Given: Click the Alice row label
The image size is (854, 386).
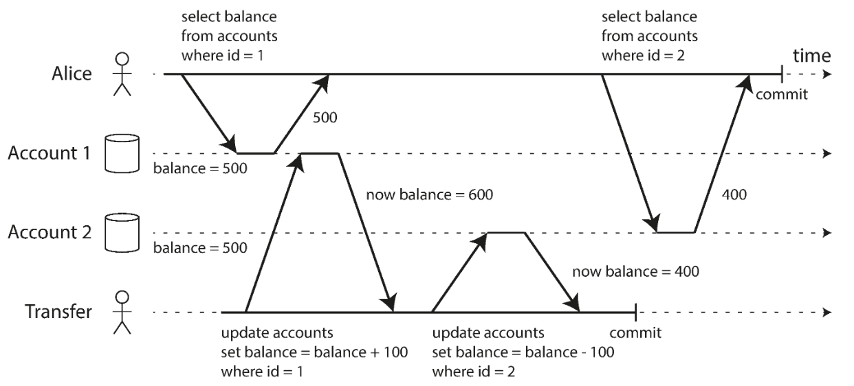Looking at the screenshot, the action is pyautogui.click(x=72, y=73).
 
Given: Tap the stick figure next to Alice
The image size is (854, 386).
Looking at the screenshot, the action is pyautogui.click(x=122, y=74).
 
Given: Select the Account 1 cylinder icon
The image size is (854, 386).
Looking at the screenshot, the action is pyautogui.click(x=122, y=153).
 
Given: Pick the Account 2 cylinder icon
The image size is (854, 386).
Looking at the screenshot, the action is pyautogui.click(x=122, y=233).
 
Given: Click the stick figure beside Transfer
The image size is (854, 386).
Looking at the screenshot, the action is pyautogui.click(x=122, y=313).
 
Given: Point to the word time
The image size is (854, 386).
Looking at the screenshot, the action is pyautogui.click(x=811, y=56).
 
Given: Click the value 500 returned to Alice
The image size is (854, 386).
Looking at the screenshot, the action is pyautogui.click(x=325, y=117).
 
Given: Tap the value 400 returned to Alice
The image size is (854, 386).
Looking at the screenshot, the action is pyautogui.click(x=734, y=195).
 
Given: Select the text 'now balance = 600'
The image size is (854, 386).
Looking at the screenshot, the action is pyautogui.click(x=430, y=195).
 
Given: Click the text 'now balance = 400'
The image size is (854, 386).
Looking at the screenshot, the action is pyautogui.click(x=636, y=272).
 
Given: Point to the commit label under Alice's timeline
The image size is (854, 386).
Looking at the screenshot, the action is pyautogui.click(x=782, y=94).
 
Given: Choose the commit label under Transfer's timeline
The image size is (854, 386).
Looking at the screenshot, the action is pyautogui.click(x=635, y=333).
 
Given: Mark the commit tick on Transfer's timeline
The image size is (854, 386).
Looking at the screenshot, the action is pyautogui.click(x=635, y=313).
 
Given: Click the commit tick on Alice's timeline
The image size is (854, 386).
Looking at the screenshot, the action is pyautogui.click(x=782, y=74).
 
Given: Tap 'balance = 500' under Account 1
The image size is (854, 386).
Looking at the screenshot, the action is pyautogui.click(x=200, y=168).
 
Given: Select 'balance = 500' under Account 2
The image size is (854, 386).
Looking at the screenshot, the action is pyautogui.click(x=200, y=248).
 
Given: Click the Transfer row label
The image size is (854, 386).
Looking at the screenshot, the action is pyautogui.click(x=58, y=311).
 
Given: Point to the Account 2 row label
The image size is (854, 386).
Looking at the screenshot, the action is pyautogui.click(x=50, y=232).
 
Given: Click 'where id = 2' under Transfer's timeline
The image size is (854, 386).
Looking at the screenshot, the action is pyautogui.click(x=473, y=372).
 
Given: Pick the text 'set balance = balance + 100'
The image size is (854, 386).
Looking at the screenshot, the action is pyautogui.click(x=314, y=352).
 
